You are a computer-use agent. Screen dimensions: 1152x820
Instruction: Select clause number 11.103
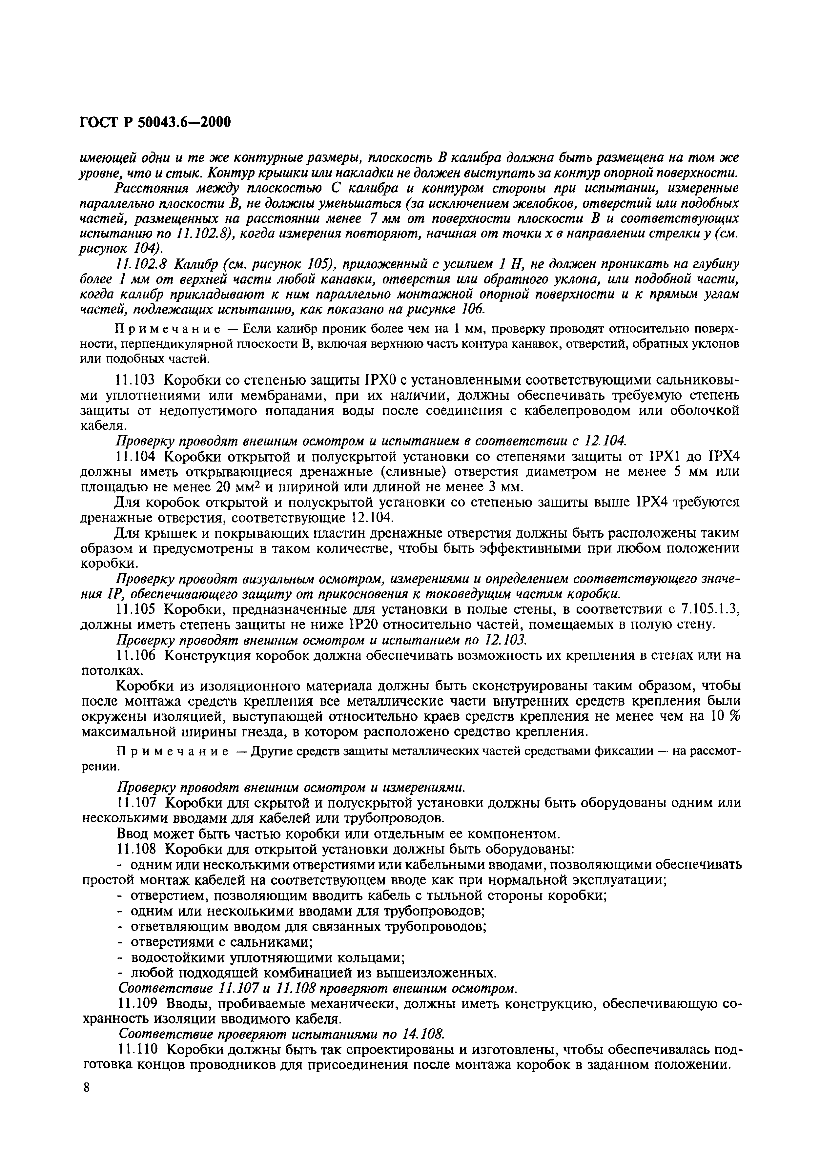tap(135, 380)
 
